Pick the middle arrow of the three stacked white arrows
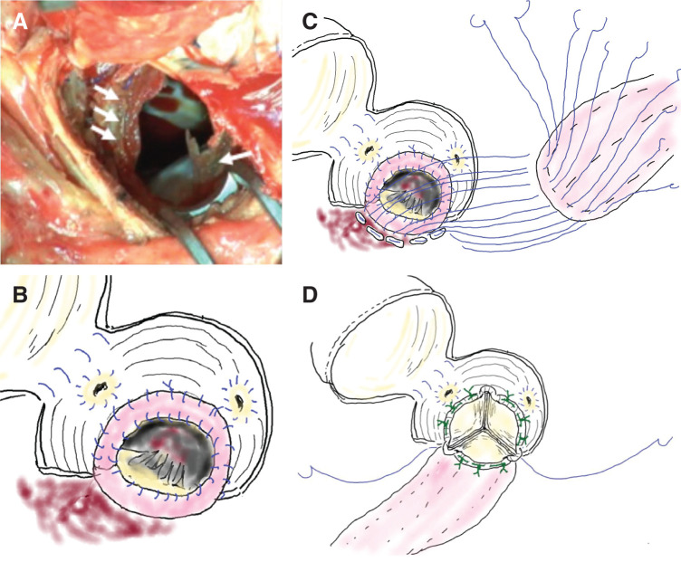pyautogui.click(x=107, y=115)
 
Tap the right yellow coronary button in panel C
pyautogui.click(x=458, y=162)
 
